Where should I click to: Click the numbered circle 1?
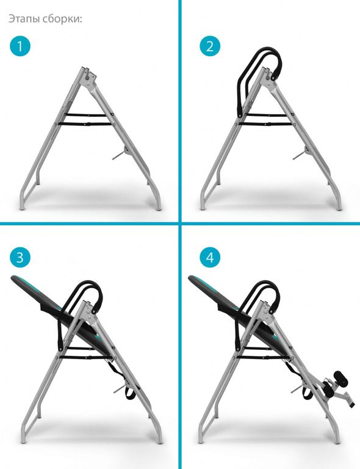20,46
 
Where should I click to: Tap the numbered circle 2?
210,46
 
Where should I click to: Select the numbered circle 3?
20,257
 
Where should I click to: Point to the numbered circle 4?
210,257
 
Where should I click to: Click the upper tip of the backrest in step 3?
13,278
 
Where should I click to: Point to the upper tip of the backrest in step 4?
190,278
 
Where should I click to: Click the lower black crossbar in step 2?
265,124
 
